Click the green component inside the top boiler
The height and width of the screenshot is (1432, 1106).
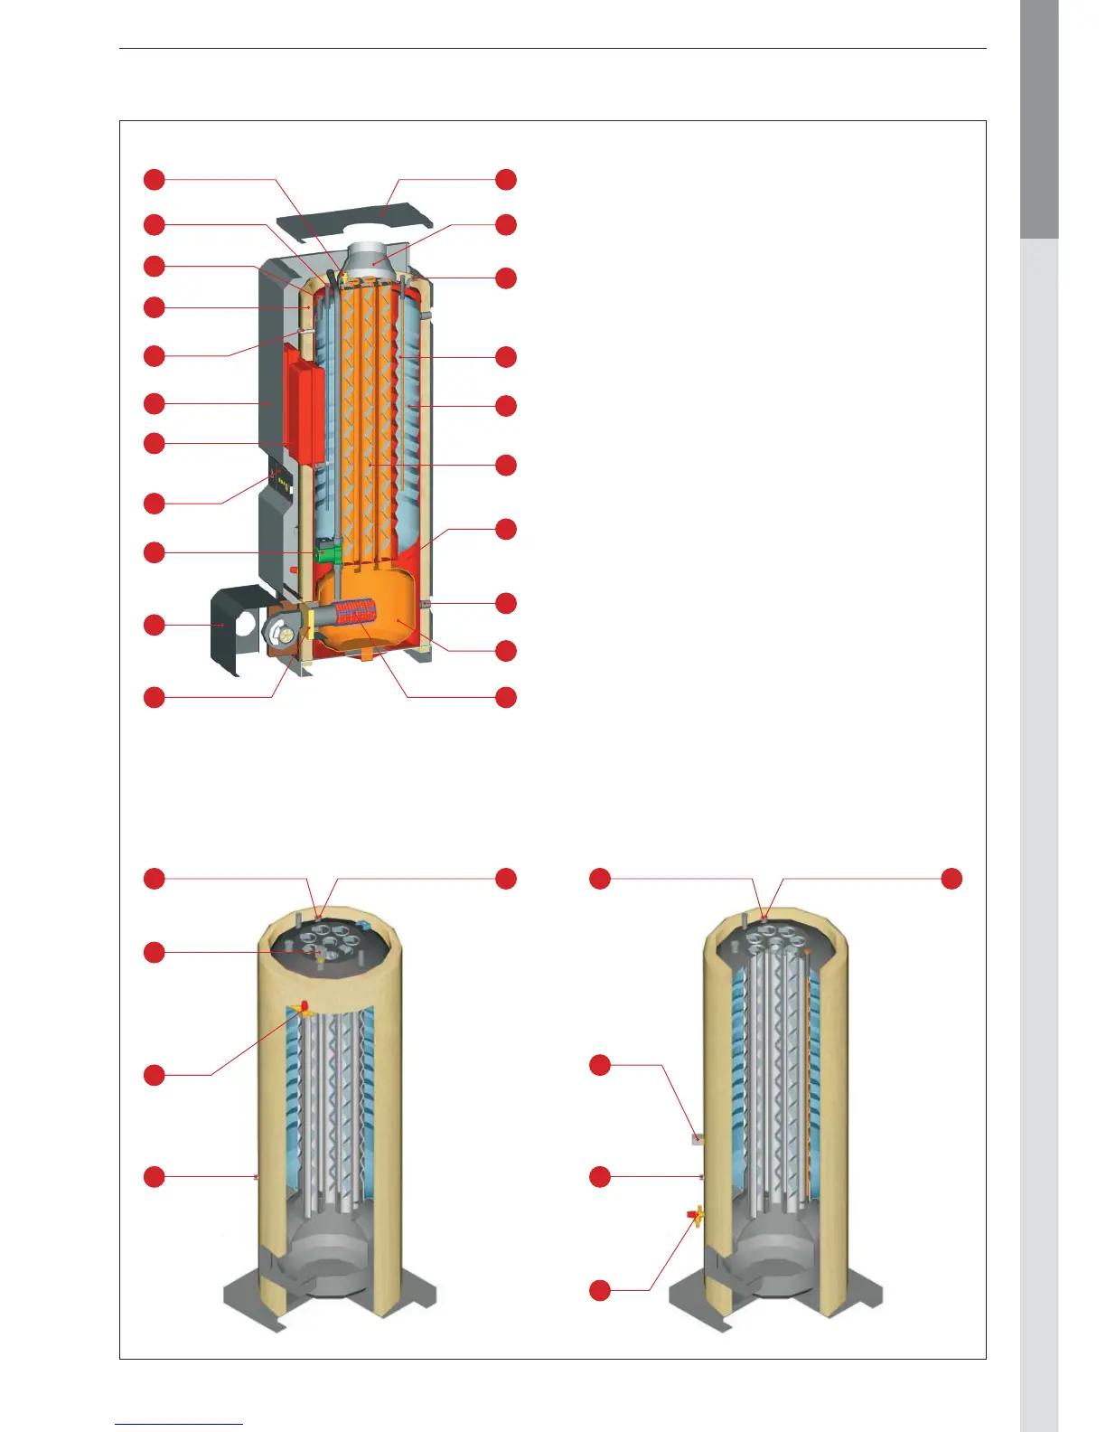pyautogui.click(x=326, y=551)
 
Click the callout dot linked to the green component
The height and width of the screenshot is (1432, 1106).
pyautogui.click(x=155, y=551)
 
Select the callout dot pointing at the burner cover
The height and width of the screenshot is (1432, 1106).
pyautogui.click(x=155, y=625)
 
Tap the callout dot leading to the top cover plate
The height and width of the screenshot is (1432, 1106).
pyautogui.click(x=506, y=179)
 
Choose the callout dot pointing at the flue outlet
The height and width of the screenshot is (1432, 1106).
pyautogui.click(x=506, y=224)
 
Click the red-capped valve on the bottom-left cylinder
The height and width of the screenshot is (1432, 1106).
pyautogui.click(x=305, y=1008)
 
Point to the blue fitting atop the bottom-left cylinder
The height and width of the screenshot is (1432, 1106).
pyautogui.click(x=364, y=925)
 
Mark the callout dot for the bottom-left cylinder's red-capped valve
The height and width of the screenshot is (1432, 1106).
pyautogui.click(x=155, y=1074)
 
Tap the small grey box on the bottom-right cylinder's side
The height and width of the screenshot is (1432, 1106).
pyautogui.click(x=697, y=1139)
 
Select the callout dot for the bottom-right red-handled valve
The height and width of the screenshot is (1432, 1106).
pyautogui.click(x=600, y=1290)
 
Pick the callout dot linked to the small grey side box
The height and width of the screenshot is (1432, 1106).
pyautogui.click(x=600, y=1065)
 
